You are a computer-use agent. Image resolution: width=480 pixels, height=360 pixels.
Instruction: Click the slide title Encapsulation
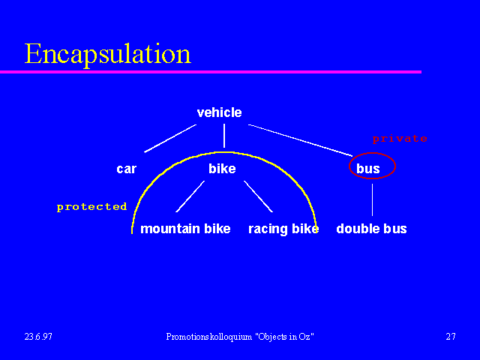click(x=108, y=54)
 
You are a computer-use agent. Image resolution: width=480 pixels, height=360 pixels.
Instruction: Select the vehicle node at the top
click(x=219, y=112)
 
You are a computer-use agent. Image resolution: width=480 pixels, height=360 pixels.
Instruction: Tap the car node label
click(x=127, y=169)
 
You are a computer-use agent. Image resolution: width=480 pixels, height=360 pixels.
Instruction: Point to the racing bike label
click(x=283, y=229)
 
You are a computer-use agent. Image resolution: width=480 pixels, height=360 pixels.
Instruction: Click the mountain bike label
click(x=185, y=229)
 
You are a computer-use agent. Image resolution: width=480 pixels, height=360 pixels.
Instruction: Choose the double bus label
click(x=371, y=229)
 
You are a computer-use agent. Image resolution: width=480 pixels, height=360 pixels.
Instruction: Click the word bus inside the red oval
click(x=368, y=168)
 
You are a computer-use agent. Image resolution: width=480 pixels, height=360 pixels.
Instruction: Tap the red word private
click(x=400, y=139)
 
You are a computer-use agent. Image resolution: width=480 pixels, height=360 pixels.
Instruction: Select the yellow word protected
click(x=91, y=207)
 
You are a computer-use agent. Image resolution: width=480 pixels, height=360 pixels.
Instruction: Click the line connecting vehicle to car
click(x=170, y=138)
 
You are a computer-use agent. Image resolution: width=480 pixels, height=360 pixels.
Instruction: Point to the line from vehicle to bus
click(x=300, y=140)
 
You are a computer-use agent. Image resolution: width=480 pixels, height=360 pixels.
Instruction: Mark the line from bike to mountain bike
click(x=190, y=196)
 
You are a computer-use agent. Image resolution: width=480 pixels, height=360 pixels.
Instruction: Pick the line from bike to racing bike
click(x=258, y=196)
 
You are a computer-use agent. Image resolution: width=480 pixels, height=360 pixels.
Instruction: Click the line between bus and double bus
click(x=372, y=200)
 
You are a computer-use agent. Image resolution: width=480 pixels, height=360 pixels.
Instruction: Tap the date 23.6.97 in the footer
click(x=38, y=337)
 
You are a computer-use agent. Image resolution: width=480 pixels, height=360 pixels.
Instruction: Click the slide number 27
click(x=451, y=337)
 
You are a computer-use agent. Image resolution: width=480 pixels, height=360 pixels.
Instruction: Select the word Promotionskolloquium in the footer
click(x=209, y=337)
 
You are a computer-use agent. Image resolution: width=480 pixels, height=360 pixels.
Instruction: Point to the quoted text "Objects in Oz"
click(x=284, y=337)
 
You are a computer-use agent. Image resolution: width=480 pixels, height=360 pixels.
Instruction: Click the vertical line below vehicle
click(x=224, y=136)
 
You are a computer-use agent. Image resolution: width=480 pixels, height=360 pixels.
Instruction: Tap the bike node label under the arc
click(x=222, y=169)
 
